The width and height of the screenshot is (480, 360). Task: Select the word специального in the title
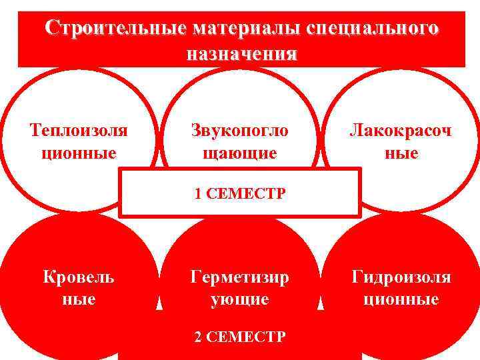click(375, 29)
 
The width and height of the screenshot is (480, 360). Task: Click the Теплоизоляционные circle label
click(79, 141)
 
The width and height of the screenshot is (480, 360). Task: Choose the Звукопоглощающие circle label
click(240, 141)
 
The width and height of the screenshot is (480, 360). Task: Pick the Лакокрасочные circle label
click(401, 141)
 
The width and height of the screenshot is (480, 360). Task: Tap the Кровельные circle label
click(78, 288)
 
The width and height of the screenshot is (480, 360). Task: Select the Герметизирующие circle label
click(240, 288)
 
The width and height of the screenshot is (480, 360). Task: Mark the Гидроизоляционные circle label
click(401, 288)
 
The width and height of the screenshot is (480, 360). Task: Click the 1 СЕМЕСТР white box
click(240, 193)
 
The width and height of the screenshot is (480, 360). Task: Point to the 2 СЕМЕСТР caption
click(240, 337)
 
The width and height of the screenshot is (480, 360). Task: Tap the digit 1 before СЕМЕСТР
click(198, 194)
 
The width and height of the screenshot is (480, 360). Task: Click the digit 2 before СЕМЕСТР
click(198, 337)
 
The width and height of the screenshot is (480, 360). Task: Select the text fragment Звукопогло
click(240, 130)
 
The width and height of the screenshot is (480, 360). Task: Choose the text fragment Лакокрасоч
click(401, 130)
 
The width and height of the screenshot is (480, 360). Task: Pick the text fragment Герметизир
click(240, 277)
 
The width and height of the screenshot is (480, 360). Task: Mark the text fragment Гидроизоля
click(401, 277)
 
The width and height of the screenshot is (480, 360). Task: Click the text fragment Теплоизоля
click(79, 130)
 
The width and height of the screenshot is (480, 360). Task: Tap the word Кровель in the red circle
click(78, 277)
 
